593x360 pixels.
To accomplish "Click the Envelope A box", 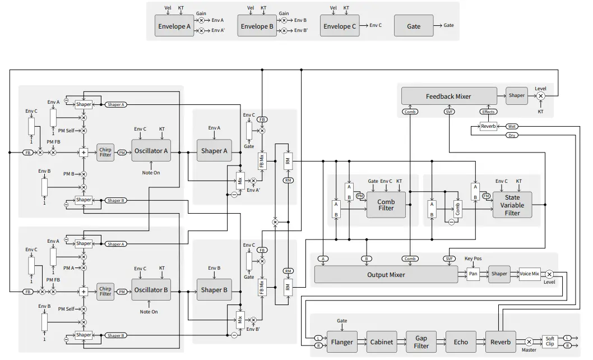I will tap(174, 26).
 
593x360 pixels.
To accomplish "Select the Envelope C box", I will tap(340, 26).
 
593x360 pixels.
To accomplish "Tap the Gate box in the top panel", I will tap(414, 26).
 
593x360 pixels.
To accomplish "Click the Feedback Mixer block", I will tap(448, 96).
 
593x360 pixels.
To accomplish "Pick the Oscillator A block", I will tap(150, 150).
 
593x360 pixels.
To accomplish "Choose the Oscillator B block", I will tap(150, 290).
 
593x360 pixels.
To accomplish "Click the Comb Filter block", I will tap(386, 205).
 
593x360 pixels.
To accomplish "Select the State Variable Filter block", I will tap(512, 205).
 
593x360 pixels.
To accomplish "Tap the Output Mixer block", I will tap(386, 275).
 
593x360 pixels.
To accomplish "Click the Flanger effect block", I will tap(342, 341).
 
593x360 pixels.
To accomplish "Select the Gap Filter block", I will tap(421, 341).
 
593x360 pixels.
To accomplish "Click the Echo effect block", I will tap(460, 341).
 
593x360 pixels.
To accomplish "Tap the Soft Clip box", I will tap(550, 341).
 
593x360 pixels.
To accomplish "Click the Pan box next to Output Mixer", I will tap(473, 274).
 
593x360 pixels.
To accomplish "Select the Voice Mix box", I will tap(529, 274).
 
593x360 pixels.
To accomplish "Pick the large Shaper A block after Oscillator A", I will tap(214, 150).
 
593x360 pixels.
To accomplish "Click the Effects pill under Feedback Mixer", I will tap(488, 112).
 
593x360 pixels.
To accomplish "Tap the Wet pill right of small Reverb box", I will tap(512, 126).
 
